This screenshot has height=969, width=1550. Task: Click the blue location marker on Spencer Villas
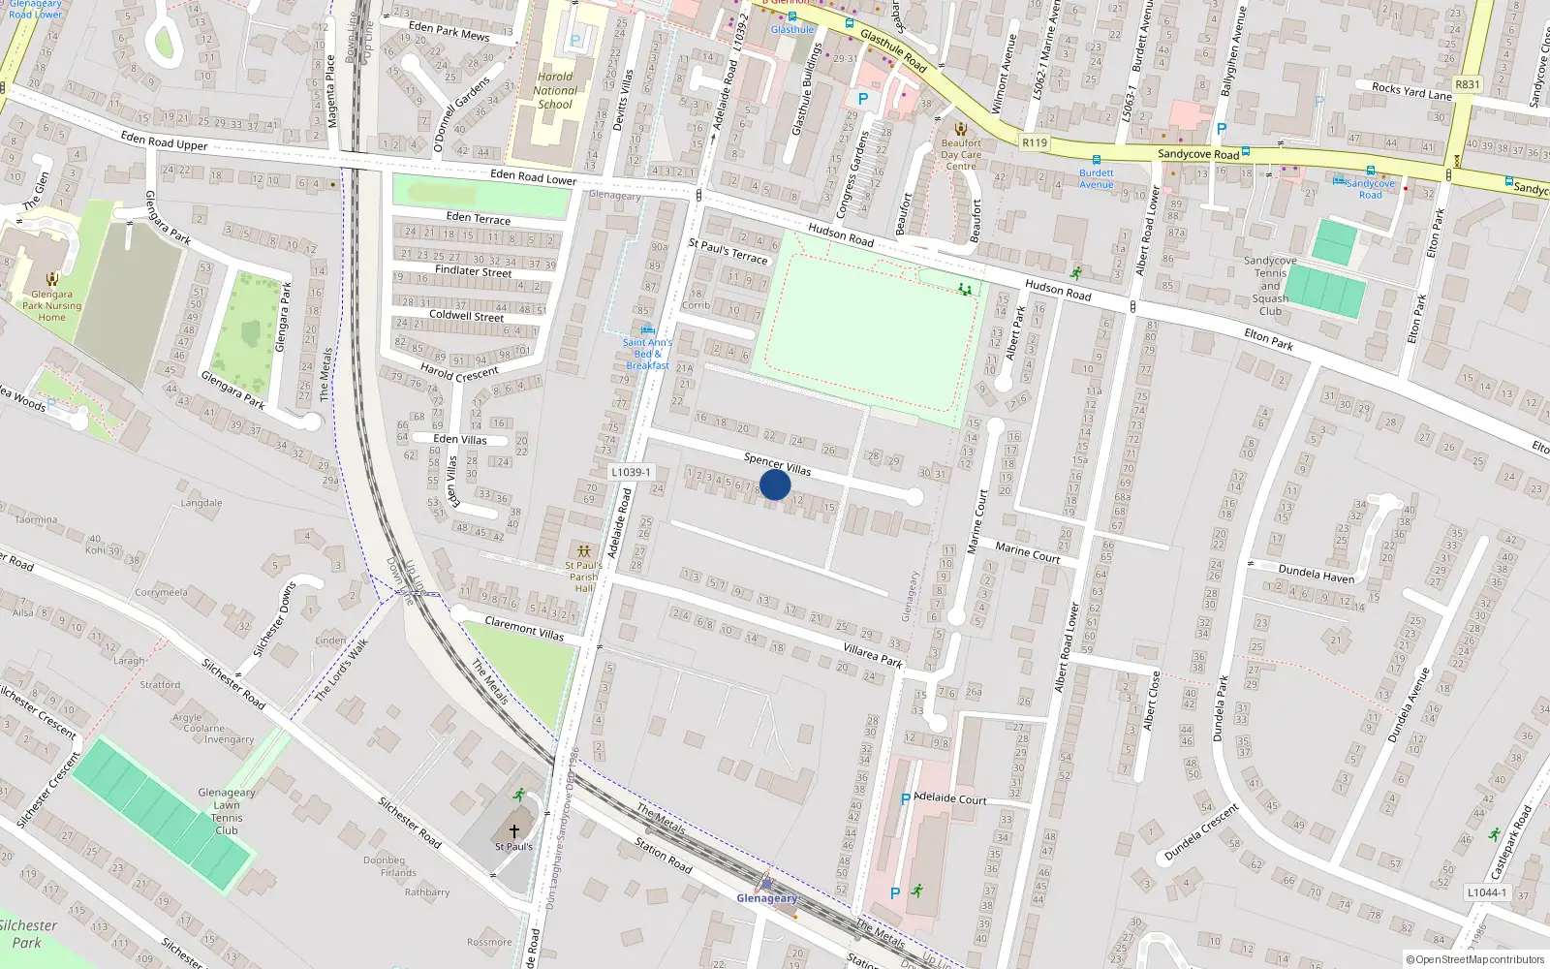(x=775, y=484)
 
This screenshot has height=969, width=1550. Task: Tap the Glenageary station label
(x=767, y=898)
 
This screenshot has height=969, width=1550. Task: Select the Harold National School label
(x=555, y=90)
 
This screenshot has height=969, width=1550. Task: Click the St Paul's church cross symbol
(x=514, y=830)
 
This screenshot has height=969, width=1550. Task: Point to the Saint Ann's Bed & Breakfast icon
(x=647, y=330)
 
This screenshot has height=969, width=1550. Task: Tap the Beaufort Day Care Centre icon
(x=961, y=130)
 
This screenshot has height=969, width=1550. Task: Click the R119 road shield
(x=1035, y=142)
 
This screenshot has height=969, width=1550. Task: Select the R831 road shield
(x=1468, y=84)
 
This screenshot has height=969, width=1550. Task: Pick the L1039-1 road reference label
(x=631, y=472)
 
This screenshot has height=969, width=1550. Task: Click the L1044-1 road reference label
(x=1487, y=892)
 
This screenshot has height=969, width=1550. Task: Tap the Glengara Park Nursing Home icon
(x=51, y=280)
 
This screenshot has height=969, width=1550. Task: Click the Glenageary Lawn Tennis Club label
(x=227, y=811)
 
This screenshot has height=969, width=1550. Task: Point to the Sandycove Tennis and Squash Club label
(x=1270, y=286)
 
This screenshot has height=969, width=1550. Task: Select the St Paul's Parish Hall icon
(x=583, y=550)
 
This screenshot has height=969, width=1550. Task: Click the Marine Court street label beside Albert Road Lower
(x=1028, y=552)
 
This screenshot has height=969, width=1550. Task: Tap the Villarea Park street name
(x=873, y=656)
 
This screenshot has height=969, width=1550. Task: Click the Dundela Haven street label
(x=1317, y=574)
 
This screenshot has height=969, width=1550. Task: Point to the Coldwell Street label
(x=467, y=316)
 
